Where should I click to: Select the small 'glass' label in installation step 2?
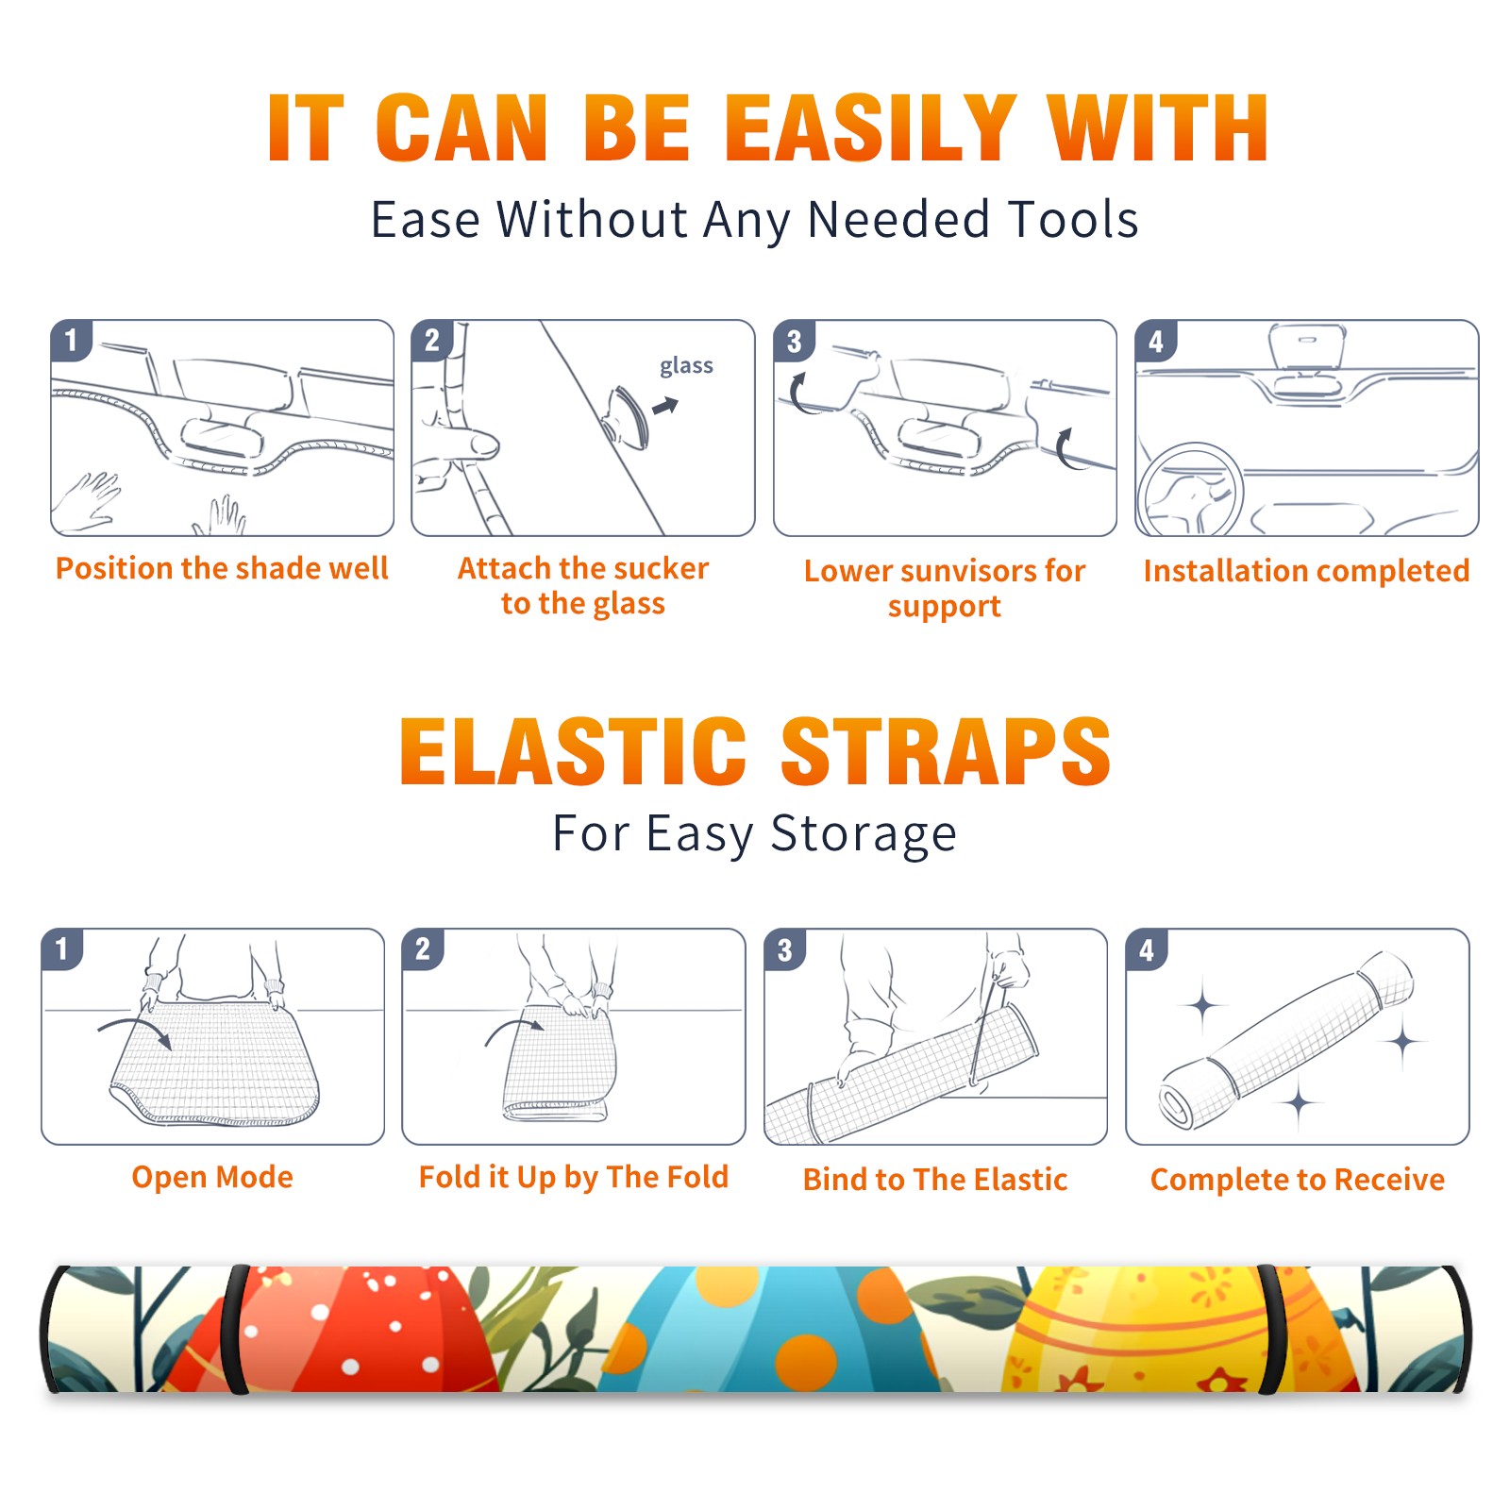686,366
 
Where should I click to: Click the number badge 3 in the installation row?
794,341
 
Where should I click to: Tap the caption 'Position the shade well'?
222,568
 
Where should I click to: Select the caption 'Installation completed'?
1306,571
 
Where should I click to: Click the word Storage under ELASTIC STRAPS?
864,835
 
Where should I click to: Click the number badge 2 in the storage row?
423,948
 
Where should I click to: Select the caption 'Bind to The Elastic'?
934,1180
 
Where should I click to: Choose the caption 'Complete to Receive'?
1297,1180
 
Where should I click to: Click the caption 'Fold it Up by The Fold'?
574,1178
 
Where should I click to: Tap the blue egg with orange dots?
769,1331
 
